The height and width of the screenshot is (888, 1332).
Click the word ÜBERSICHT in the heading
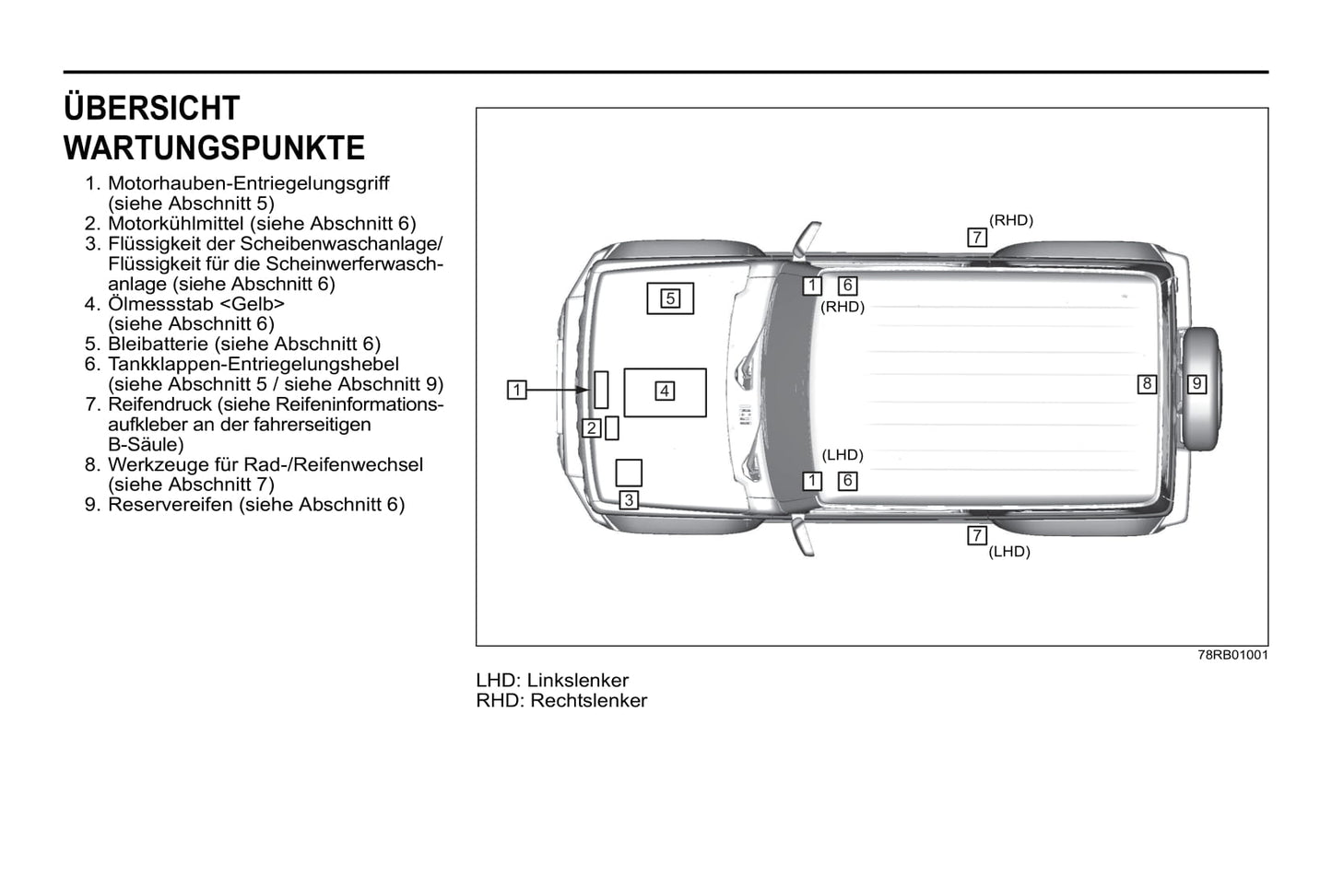coord(151,109)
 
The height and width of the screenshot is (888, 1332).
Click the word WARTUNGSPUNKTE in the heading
coord(214,148)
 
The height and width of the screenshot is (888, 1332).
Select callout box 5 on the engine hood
coord(670,298)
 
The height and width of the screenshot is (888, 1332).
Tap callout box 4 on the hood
coord(664,391)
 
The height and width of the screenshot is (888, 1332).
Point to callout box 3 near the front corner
coord(628,500)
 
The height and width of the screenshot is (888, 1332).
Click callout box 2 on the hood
coord(592,428)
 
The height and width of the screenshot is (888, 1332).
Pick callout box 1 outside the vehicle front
coord(517,391)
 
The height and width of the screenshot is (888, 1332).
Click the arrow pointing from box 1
coord(558,391)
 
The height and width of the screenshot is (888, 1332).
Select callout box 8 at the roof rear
coord(1147,384)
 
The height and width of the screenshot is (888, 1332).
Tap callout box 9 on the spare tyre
coord(1196,384)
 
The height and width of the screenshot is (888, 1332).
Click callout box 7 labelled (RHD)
coord(977,238)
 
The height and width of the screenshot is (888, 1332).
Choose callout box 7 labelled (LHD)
coord(977,536)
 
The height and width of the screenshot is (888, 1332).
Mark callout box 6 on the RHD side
coord(847,286)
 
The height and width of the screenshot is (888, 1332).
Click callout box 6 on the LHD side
coord(847,481)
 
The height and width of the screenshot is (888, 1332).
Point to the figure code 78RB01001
coord(1232,655)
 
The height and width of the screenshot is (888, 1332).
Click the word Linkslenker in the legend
coord(578,681)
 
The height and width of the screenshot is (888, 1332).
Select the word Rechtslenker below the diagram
coord(589,701)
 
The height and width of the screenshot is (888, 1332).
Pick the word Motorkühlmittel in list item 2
coord(176,224)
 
